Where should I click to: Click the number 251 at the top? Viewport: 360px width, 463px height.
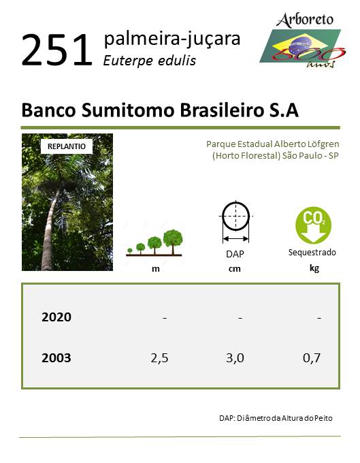(x=56, y=50)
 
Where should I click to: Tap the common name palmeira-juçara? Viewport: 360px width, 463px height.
(x=172, y=39)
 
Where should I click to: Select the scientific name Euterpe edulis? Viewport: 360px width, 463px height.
(x=149, y=61)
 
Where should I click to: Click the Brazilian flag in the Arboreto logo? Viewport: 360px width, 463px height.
(x=300, y=46)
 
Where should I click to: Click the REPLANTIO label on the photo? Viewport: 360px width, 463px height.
(x=67, y=146)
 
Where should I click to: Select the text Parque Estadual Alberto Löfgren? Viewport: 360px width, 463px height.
(x=273, y=144)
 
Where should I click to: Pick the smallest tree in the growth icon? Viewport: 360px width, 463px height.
(x=129, y=251)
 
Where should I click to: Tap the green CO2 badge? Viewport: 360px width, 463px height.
(x=313, y=225)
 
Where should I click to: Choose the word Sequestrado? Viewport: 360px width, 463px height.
(x=312, y=253)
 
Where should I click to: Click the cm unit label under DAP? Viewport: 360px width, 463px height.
(x=235, y=269)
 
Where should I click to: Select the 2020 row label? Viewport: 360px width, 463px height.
(x=56, y=317)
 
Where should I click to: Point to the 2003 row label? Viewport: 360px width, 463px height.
(x=56, y=358)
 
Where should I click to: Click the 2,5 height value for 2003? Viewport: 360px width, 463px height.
(x=159, y=358)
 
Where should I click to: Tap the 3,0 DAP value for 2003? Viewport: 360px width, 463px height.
(x=235, y=358)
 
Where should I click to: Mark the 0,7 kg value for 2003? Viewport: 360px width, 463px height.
(x=312, y=358)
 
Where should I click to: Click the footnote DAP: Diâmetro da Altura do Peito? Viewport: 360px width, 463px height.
(x=276, y=418)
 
